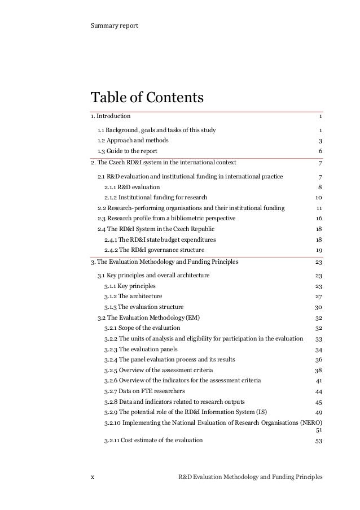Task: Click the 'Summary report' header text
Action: click(x=115, y=26)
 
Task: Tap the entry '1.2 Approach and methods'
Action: click(x=133, y=141)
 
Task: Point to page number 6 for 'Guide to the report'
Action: click(x=320, y=151)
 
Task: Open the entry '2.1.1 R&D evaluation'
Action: click(x=132, y=187)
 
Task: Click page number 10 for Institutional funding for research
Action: click(x=318, y=198)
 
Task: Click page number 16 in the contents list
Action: click(x=318, y=219)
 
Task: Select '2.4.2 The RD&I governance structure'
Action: click(x=155, y=250)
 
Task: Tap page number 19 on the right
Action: click(x=318, y=250)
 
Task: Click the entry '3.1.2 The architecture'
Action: click(x=133, y=297)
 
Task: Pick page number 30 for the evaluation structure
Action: click(x=318, y=307)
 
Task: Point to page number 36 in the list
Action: click(x=318, y=360)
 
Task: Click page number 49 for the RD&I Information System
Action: click(x=318, y=412)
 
